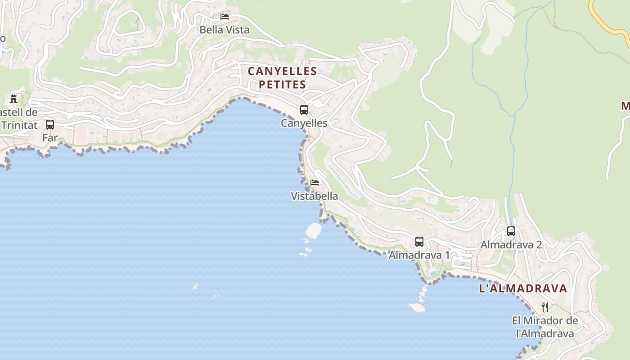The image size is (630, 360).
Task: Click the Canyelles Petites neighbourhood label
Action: (282, 77)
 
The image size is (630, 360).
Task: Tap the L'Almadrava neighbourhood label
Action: (523, 288)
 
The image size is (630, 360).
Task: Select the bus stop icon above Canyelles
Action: (304, 109)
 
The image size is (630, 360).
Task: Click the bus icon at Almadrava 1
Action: (419, 242)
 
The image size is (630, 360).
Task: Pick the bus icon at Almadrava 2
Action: (511, 231)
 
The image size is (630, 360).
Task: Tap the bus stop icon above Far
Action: (50, 125)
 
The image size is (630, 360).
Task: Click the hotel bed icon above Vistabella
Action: (315, 183)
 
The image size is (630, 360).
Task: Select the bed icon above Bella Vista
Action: (225, 17)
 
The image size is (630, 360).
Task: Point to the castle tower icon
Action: (13, 99)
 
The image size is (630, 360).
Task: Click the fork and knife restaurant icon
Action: (544, 307)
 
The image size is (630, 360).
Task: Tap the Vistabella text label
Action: (314, 196)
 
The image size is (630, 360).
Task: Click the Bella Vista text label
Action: (225, 30)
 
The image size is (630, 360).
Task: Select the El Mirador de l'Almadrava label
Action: (545, 327)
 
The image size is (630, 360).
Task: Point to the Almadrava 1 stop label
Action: (419, 255)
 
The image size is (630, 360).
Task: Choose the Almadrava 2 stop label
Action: (511, 245)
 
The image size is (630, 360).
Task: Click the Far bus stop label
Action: (50, 138)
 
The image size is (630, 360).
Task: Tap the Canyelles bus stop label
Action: (304, 123)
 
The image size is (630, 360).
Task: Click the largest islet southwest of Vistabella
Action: (314, 231)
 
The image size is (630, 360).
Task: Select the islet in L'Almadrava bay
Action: (417, 307)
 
